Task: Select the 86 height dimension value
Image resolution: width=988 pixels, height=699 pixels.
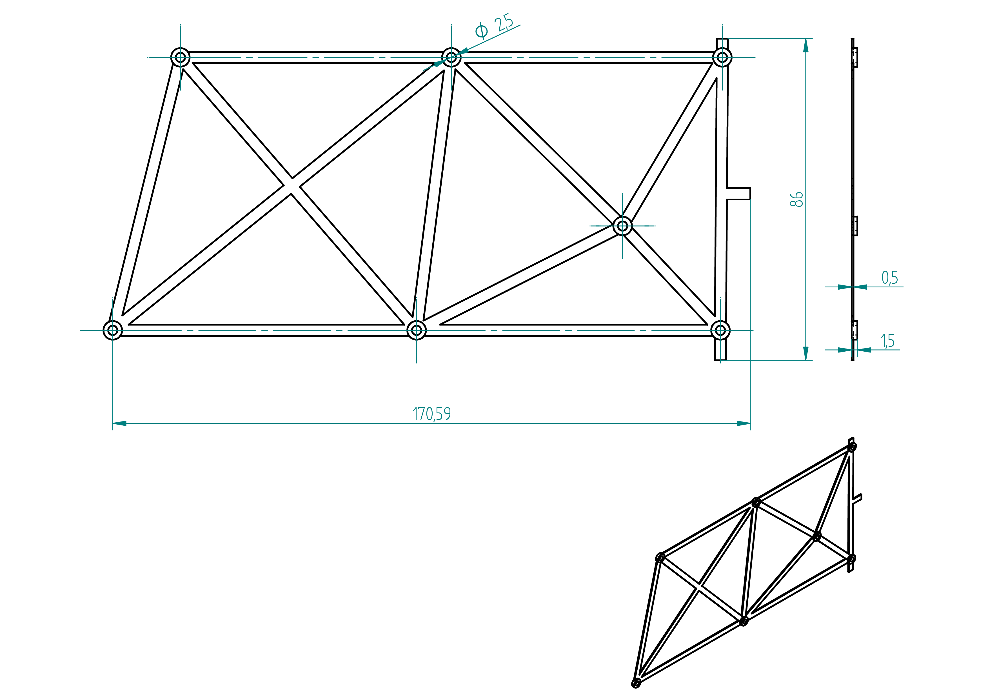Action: click(x=796, y=199)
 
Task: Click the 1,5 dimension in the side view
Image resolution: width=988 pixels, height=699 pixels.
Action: click(x=888, y=341)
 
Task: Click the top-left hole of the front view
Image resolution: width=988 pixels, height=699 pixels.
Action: click(x=180, y=57)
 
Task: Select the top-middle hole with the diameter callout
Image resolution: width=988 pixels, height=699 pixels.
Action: click(x=451, y=57)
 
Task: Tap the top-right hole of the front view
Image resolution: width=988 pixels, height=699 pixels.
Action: click(x=722, y=57)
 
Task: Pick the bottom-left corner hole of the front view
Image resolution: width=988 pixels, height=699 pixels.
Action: click(x=113, y=330)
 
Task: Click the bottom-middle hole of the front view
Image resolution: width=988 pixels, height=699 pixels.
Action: click(x=417, y=330)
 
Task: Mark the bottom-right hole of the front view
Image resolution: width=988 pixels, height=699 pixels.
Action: click(x=720, y=330)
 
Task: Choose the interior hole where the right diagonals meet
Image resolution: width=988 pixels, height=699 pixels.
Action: click(x=622, y=226)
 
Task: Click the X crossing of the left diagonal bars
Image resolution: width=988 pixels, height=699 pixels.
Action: click(x=292, y=186)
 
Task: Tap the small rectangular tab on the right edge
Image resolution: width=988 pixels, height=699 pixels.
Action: click(x=738, y=194)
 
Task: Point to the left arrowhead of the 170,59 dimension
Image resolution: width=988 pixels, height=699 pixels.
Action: click(x=119, y=423)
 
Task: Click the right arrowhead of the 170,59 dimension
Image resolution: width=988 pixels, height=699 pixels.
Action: click(x=744, y=423)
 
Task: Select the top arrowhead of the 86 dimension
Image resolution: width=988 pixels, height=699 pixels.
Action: click(x=806, y=46)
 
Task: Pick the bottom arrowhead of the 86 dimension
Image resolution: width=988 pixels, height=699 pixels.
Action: click(x=806, y=353)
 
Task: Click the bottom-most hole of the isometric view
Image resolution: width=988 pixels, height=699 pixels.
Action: click(x=636, y=683)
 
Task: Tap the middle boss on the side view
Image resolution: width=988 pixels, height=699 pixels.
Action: click(x=855, y=226)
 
